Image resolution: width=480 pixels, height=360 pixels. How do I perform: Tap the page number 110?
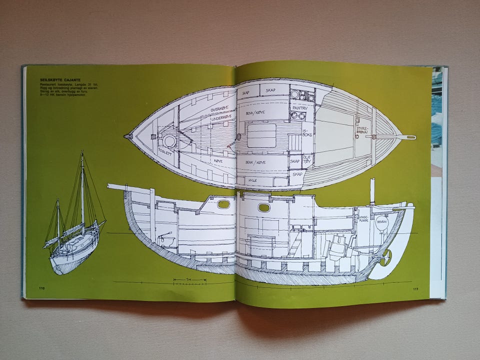[x=41, y=288]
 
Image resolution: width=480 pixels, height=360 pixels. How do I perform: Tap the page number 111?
[x=415, y=289]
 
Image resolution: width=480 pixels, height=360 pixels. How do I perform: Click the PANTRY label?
[x=300, y=107]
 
